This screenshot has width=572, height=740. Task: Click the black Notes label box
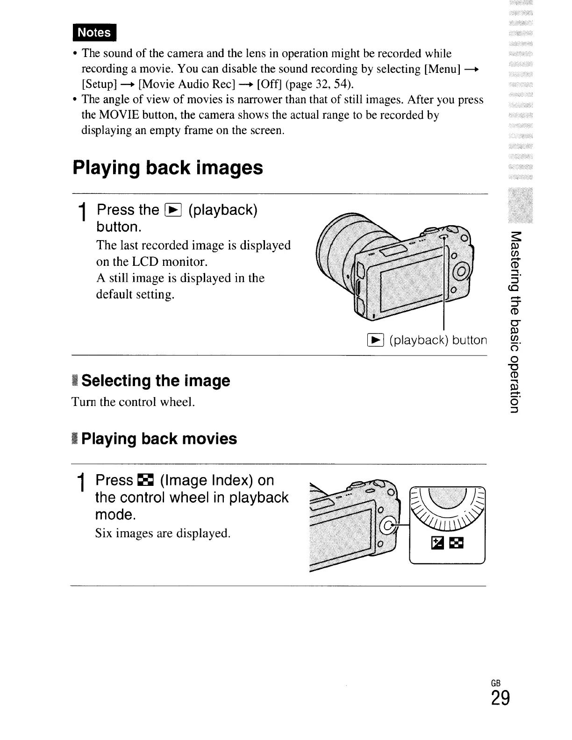[x=94, y=32]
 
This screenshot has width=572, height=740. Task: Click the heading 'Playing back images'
[x=168, y=168]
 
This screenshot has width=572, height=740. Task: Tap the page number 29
[x=500, y=699]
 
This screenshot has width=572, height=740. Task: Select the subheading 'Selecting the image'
[x=155, y=381]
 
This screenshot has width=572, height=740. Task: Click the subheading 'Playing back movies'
[x=159, y=439]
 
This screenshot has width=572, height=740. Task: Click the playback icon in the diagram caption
[x=377, y=340]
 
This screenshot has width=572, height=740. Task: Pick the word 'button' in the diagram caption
[x=470, y=340]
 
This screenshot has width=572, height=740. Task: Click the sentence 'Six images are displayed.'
[x=163, y=533]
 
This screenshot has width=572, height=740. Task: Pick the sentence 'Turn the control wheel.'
[x=133, y=402]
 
